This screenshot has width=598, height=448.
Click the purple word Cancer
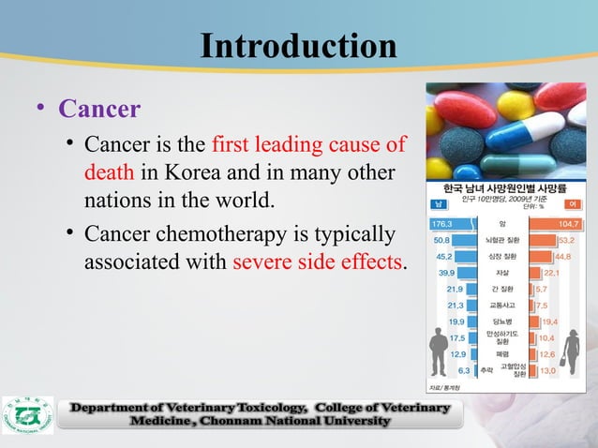[99, 110]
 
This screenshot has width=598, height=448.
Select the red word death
[109, 174]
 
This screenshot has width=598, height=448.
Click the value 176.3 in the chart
[441, 224]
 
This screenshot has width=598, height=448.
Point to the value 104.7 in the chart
[569, 224]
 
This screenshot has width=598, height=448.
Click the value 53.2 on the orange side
[566, 240]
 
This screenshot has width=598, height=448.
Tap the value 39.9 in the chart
[450, 273]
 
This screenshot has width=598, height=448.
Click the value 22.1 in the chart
[551, 273]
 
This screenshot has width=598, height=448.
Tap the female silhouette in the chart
[569, 352]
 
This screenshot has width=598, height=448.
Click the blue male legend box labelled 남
[437, 203]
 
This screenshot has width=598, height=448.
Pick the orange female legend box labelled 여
[572, 203]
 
